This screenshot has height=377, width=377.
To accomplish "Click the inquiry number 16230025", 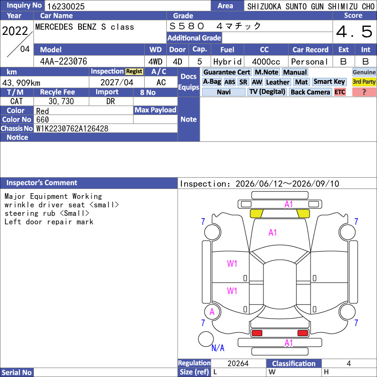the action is point(66,6).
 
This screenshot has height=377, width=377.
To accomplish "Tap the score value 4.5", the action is point(354,32).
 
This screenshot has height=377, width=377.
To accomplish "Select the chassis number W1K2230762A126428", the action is point(72,129).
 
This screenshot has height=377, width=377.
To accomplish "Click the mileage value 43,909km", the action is point(21,83).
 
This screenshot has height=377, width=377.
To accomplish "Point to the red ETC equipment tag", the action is point(340,92).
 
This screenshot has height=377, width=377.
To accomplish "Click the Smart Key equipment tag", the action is point(329,82).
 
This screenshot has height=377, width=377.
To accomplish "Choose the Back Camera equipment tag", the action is point(310,92).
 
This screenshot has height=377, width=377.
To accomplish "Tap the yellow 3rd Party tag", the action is point(364,82).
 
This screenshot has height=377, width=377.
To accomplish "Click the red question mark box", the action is point(364,92).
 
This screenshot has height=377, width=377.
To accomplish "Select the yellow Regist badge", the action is point(134,72).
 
